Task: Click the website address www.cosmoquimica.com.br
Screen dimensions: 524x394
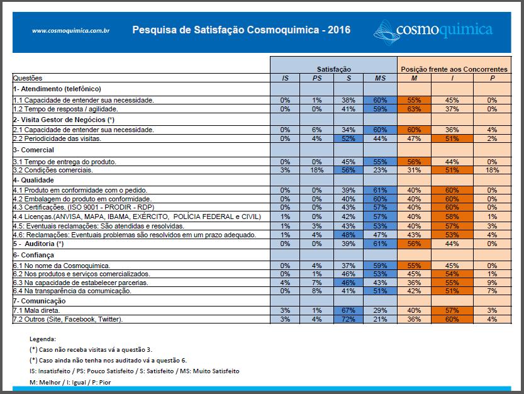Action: (71, 31)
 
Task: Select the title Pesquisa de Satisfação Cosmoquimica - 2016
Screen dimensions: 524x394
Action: (242, 30)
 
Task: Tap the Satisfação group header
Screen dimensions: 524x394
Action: (334, 69)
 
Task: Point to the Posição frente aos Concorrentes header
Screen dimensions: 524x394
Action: (454, 69)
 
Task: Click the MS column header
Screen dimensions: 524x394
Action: (380, 78)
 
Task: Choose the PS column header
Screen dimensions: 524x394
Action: (317, 78)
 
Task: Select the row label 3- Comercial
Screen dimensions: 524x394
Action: (33, 150)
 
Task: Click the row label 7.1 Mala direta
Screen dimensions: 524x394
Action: (36, 310)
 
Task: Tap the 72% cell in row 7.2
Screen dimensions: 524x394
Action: (348, 319)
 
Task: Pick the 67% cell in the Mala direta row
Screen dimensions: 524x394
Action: (348, 310)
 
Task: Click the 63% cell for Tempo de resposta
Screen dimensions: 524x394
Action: (414, 109)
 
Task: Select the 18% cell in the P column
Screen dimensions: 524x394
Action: (492, 170)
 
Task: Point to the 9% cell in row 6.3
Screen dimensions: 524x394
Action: (492, 283)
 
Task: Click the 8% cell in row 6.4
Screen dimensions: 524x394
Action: (317, 291)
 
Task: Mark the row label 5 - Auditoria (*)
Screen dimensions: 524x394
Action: (38, 244)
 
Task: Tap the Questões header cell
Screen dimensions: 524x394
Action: (28, 78)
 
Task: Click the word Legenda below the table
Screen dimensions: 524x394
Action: (43, 339)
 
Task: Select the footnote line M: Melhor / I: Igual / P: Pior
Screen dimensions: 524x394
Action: (70, 382)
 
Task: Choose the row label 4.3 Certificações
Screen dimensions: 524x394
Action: (84, 207)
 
